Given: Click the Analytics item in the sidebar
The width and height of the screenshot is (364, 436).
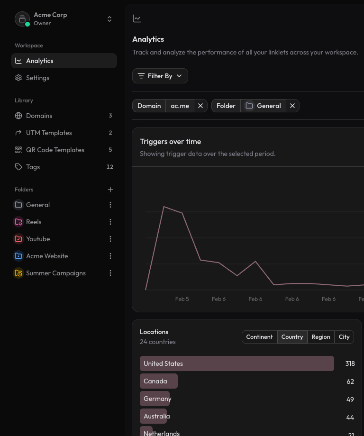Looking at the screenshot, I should coord(40,61).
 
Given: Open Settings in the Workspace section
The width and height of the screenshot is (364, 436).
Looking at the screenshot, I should coord(37,78).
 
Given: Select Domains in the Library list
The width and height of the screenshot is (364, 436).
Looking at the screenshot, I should coord(39,116).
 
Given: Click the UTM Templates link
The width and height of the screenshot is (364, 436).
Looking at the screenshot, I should coord(49,133).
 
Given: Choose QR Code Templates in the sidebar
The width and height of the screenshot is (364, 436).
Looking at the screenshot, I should coord(55,150).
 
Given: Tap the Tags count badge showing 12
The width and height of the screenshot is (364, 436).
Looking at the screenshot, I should coord(110,167).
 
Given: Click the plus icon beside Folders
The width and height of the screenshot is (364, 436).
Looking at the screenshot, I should coord(110,190).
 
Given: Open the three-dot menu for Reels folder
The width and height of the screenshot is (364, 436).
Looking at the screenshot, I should coord(110,222).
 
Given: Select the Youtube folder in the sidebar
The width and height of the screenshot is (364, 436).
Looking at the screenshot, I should coord(38,239).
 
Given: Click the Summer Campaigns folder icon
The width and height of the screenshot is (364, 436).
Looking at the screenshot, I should coord(18,273).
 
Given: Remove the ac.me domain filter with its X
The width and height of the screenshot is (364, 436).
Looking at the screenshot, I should coord(200,106).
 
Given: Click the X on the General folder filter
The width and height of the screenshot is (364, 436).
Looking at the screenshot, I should coord(292,106).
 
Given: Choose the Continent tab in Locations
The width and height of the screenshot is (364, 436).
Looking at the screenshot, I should coord(259,337).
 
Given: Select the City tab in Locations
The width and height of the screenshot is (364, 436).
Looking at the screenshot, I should coord(344,337).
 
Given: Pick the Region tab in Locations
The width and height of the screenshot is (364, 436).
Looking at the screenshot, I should coord(321,337).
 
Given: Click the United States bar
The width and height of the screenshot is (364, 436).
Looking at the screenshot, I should coord(237,363).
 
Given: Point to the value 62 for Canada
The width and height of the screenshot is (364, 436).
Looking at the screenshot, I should coord(350,381).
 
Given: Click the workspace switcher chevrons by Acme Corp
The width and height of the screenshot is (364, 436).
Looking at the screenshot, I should coord(109,19).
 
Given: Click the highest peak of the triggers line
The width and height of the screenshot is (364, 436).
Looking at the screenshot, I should coord(164,207).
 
